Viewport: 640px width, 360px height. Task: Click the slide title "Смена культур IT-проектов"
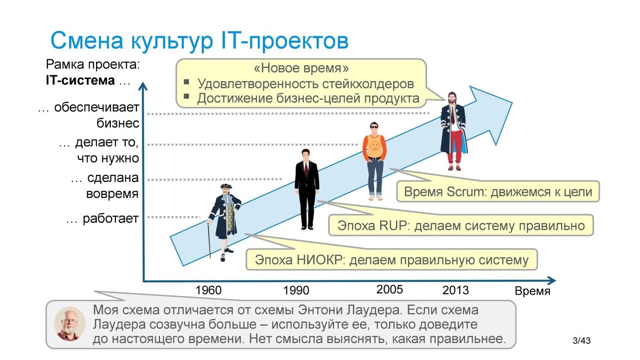point(199,40)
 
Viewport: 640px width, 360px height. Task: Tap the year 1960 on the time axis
point(208,290)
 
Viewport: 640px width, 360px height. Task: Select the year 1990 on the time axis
point(296,290)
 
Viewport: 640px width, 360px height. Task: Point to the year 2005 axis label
point(390,290)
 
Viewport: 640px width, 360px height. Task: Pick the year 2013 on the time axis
point(455,290)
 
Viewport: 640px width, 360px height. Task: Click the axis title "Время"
point(532,291)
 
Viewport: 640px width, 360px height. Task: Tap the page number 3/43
point(582,341)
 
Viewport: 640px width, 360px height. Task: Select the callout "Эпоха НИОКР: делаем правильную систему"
point(391,260)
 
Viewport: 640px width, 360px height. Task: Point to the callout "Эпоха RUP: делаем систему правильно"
point(461,226)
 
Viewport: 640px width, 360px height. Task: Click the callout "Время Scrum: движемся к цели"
point(498,192)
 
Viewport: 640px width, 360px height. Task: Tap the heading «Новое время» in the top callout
point(301,69)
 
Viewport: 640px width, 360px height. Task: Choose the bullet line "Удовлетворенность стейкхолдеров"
point(305,84)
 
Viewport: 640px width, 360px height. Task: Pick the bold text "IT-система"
point(80,80)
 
